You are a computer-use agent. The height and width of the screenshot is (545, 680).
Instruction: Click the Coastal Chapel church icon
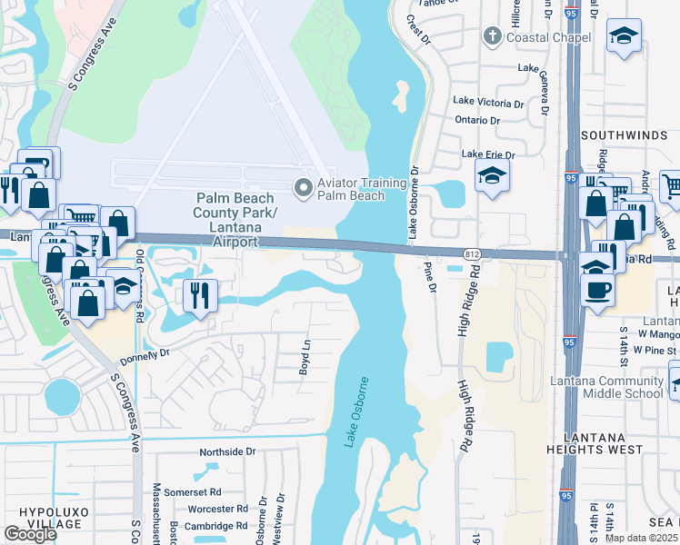pos(493,37)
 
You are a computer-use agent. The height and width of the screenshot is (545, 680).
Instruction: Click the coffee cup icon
pos(597,290)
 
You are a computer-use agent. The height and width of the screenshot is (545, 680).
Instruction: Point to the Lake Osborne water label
pos(356,411)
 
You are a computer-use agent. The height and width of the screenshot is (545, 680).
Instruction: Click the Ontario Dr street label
pos(477,120)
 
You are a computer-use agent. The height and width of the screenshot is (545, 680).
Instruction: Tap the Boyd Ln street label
pos(305,350)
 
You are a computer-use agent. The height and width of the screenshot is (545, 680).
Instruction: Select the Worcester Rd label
pos(217,509)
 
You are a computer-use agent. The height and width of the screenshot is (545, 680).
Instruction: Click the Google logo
pos(30,533)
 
